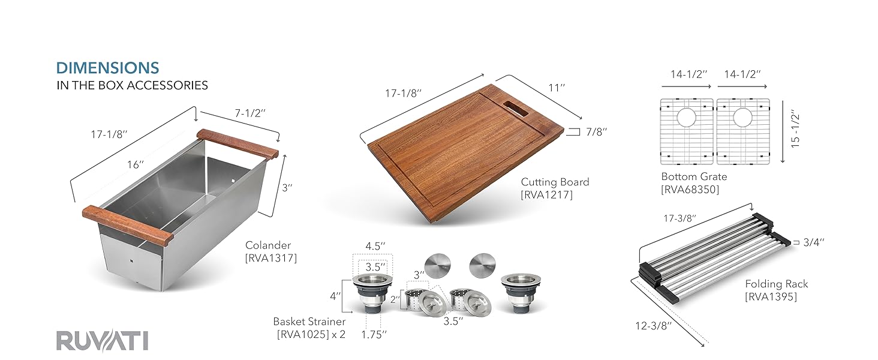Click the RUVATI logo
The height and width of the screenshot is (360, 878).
coord(102,340)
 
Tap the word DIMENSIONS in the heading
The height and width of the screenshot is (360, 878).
coord(107,68)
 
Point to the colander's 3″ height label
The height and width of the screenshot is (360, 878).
coord(287,187)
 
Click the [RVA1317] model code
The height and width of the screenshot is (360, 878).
coord(271,259)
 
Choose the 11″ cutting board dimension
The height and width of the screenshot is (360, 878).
coord(557,88)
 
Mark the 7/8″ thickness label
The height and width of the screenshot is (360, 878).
coord(596,131)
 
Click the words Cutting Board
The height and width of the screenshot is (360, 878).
coord(555,182)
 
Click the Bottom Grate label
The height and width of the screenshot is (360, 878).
coord(694,176)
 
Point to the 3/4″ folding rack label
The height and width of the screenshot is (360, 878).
coord(813,242)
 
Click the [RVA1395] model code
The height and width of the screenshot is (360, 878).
coord(771,296)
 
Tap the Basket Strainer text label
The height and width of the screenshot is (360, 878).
coord(309,322)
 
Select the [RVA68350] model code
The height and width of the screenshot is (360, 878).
coord(690,190)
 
